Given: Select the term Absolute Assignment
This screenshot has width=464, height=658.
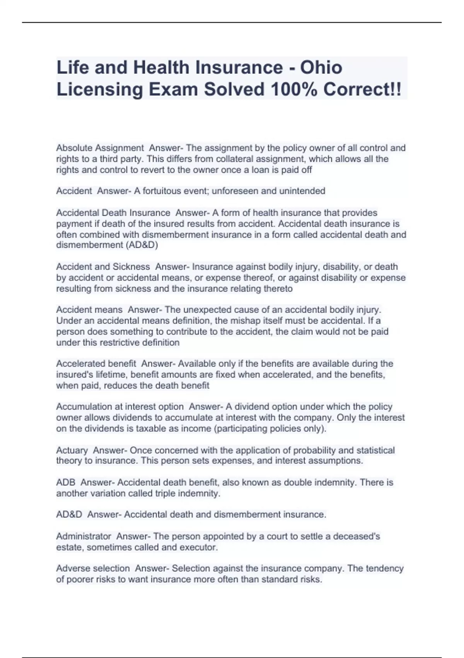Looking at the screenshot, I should (x=100, y=148).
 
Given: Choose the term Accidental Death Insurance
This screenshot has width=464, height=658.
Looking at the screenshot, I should (x=113, y=212).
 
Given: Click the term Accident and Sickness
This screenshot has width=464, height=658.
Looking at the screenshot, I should (x=103, y=267).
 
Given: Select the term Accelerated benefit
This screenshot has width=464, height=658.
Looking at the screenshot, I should (x=96, y=363).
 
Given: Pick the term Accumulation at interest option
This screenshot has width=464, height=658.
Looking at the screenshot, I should (x=120, y=406).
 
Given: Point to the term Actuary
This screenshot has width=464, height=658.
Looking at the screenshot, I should (x=72, y=450).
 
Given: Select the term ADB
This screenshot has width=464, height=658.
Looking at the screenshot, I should (x=66, y=482).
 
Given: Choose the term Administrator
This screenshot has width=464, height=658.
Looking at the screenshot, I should (x=84, y=536).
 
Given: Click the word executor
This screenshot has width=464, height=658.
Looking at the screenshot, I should (x=202, y=547).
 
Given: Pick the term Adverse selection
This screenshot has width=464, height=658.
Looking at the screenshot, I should (x=93, y=568).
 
